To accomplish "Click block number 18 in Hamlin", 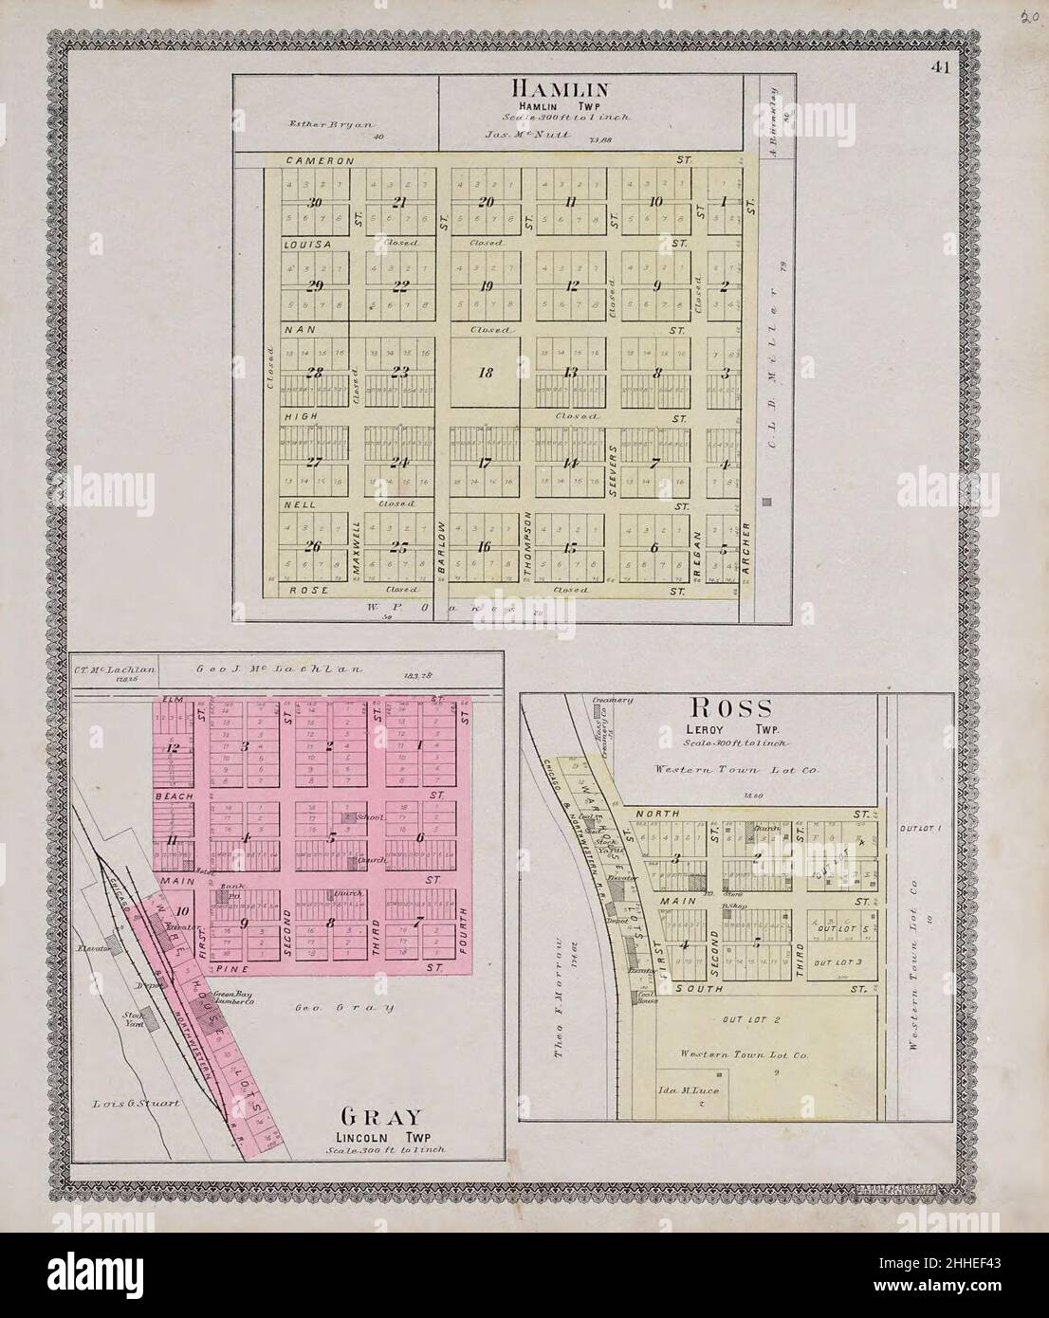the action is [x=486, y=373].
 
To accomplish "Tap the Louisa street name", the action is [x=306, y=244].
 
